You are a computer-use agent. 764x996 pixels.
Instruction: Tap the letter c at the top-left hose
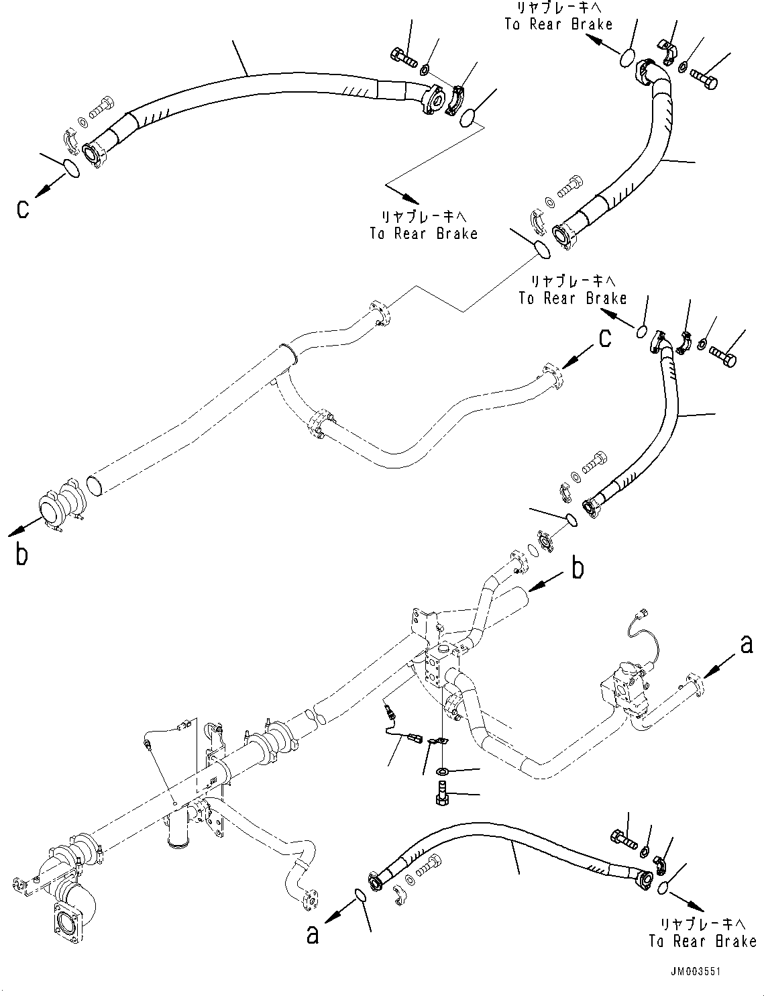click(x=23, y=209)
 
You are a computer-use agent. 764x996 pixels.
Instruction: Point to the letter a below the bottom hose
click(x=313, y=934)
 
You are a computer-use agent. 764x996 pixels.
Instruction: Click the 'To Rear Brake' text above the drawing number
click(x=702, y=941)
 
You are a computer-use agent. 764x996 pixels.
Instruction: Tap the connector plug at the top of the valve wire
click(x=645, y=611)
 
